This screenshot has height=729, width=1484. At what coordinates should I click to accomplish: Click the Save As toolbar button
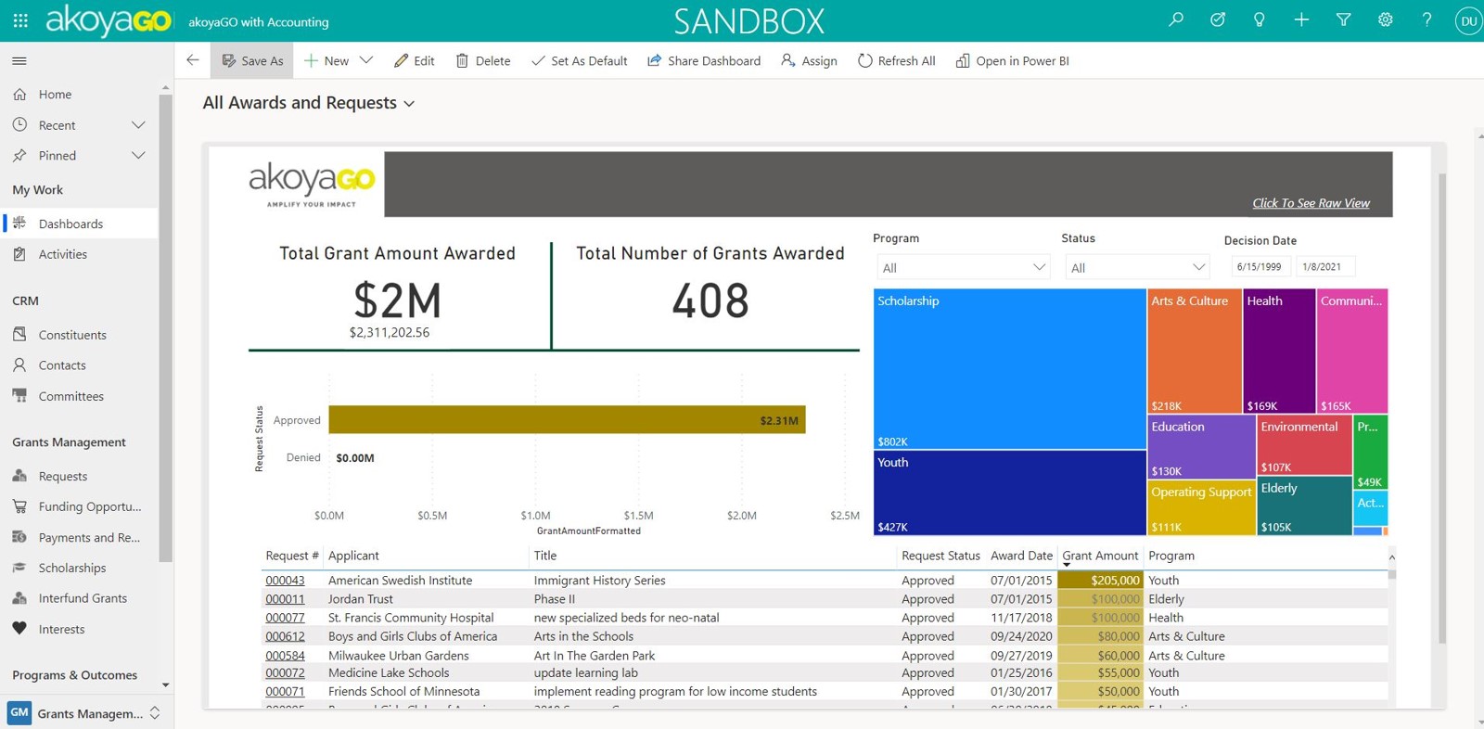pyautogui.click(x=252, y=61)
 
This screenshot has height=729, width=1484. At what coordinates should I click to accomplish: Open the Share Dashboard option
pyautogui.click(x=704, y=61)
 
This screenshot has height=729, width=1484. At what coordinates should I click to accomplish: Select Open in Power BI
pyautogui.click(x=1013, y=61)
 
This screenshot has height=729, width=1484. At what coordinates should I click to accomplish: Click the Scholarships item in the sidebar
pyautogui.click(x=71, y=568)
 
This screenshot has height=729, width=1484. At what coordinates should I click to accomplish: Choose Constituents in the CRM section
pyautogui.click(x=71, y=335)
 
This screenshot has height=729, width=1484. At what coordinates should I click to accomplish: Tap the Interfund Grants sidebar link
pyautogui.click(x=82, y=598)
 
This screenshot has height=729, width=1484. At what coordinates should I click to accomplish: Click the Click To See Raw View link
pyautogui.click(x=1310, y=203)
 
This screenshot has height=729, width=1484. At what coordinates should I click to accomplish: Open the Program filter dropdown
pyautogui.click(x=963, y=267)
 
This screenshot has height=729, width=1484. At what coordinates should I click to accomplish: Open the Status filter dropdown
pyautogui.click(x=1136, y=267)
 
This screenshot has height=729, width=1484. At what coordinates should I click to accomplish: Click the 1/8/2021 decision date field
pyautogui.click(x=1324, y=267)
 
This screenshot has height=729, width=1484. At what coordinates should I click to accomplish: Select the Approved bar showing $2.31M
pyautogui.click(x=566, y=420)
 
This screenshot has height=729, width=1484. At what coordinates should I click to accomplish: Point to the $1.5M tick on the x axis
pyautogui.click(x=638, y=516)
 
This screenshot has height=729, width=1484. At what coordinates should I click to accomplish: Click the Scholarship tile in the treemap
pyautogui.click(x=1009, y=368)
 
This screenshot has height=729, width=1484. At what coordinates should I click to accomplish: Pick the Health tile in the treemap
pyautogui.click(x=1278, y=351)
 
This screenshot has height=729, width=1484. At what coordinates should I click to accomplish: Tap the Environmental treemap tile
pyautogui.click(x=1303, y=445)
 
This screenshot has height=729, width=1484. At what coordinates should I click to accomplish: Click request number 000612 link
pyautogui.click(x=285, y=636)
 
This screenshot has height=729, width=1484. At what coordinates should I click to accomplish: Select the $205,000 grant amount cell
pyautogui.click(x=1101, y=581)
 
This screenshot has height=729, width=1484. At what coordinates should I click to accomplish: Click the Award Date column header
pyautogui.click(x=1020, y=556)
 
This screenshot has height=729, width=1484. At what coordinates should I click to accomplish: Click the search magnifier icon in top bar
pyautogui.click(x=1176, y=19)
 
